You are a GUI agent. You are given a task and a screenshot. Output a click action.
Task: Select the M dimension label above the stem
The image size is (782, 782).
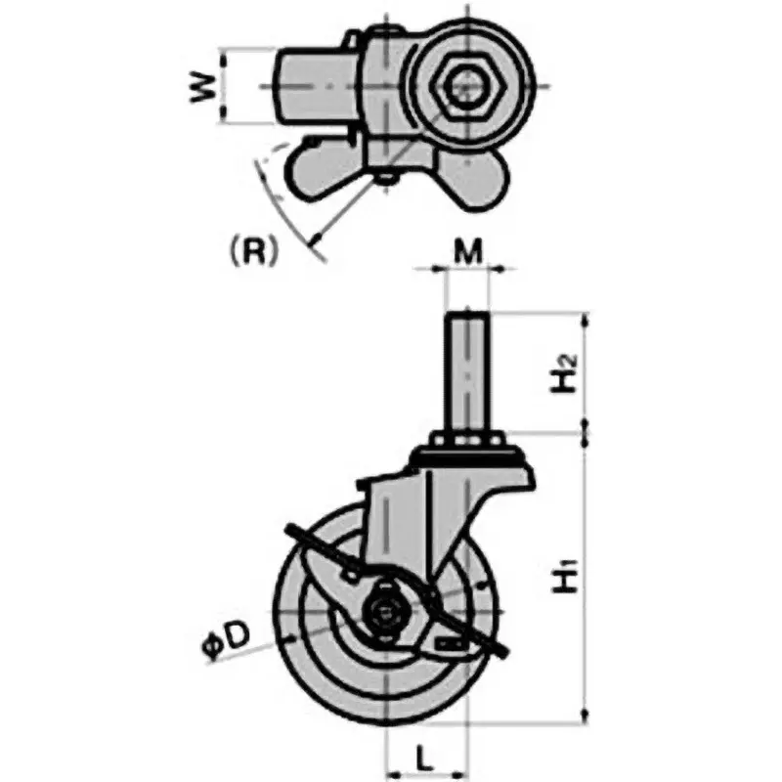[470, 253]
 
